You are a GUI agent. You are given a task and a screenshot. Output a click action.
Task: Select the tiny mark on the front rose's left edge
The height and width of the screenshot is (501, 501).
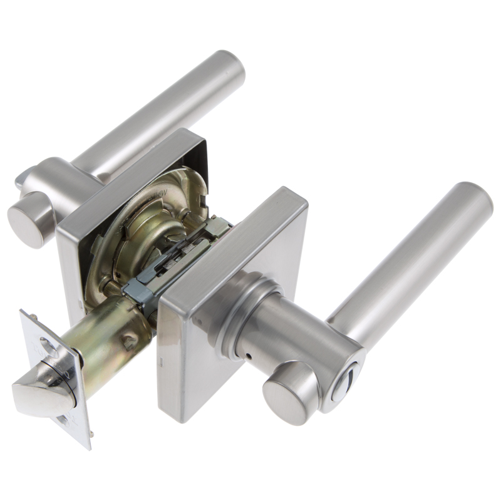pos(161,360)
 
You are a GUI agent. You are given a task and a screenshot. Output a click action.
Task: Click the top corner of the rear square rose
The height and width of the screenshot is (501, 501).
pos(188,132)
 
